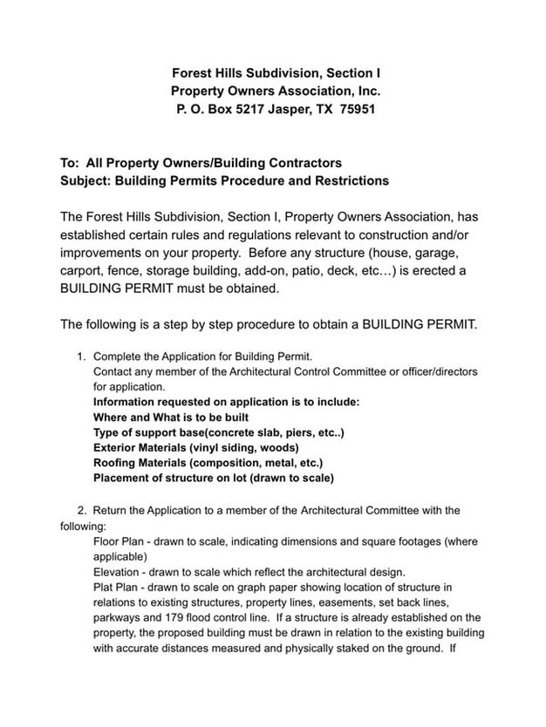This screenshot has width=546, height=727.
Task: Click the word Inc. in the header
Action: pos(366,91)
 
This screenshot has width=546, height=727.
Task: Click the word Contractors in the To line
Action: pos(305,162)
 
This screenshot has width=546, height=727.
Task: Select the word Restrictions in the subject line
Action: pos(343,181)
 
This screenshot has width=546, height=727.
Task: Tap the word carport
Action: pos(83,271)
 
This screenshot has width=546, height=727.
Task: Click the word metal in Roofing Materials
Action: pos(276,463)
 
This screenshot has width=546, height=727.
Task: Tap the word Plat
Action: pos(105,588)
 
